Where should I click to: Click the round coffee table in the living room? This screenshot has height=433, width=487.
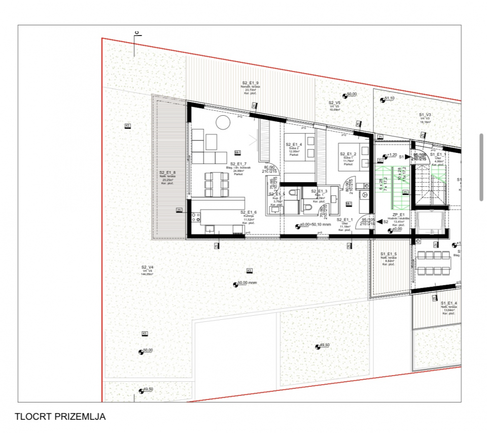[222, 122]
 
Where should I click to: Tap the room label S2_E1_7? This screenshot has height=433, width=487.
[238, 164]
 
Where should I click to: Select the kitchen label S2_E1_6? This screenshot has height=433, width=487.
[249, 212]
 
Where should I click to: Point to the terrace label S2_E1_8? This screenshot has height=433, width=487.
[167, 173]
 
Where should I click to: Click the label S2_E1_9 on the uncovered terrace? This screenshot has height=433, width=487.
[250, 83]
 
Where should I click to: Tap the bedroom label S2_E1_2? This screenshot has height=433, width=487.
[348, 154]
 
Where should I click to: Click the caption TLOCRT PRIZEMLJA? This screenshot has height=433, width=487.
[60, 417]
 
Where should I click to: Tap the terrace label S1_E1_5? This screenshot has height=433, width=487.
[389, 254]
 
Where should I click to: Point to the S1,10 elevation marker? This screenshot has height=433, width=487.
[388, 98]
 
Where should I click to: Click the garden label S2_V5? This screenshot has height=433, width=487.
[334, 102]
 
